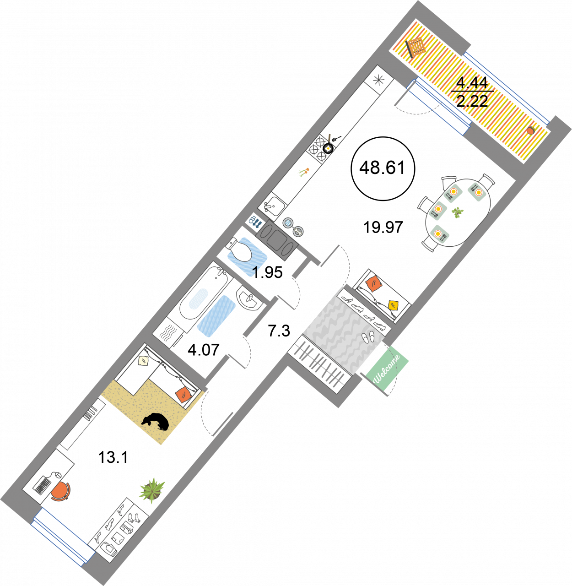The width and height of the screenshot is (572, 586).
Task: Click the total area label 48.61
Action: (x=383, y=168)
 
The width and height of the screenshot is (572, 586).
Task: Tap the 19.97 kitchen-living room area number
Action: (x=383, y=228)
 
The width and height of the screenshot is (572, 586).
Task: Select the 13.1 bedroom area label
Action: (x=113, y=457)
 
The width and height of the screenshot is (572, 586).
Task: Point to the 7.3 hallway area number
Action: (x=279, y=331)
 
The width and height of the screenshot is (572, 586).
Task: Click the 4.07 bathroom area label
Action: (x=204, y=350)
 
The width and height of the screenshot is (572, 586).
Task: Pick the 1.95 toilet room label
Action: (x=267, y=272)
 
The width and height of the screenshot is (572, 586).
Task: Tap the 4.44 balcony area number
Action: (x=472, y=83)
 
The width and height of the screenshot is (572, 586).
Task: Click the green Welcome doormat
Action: (x=387, y=369)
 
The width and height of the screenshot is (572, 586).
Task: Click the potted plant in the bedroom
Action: (x=152, y=490)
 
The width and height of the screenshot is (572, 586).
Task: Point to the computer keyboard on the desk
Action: (x=43, y=486)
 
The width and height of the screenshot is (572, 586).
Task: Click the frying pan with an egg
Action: (x=328, y=147)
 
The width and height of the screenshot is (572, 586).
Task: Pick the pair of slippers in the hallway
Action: (x=368, y=336)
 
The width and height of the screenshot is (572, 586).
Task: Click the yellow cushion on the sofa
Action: (x=394, y=305)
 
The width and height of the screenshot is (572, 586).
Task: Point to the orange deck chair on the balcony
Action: (x=415, y=47)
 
